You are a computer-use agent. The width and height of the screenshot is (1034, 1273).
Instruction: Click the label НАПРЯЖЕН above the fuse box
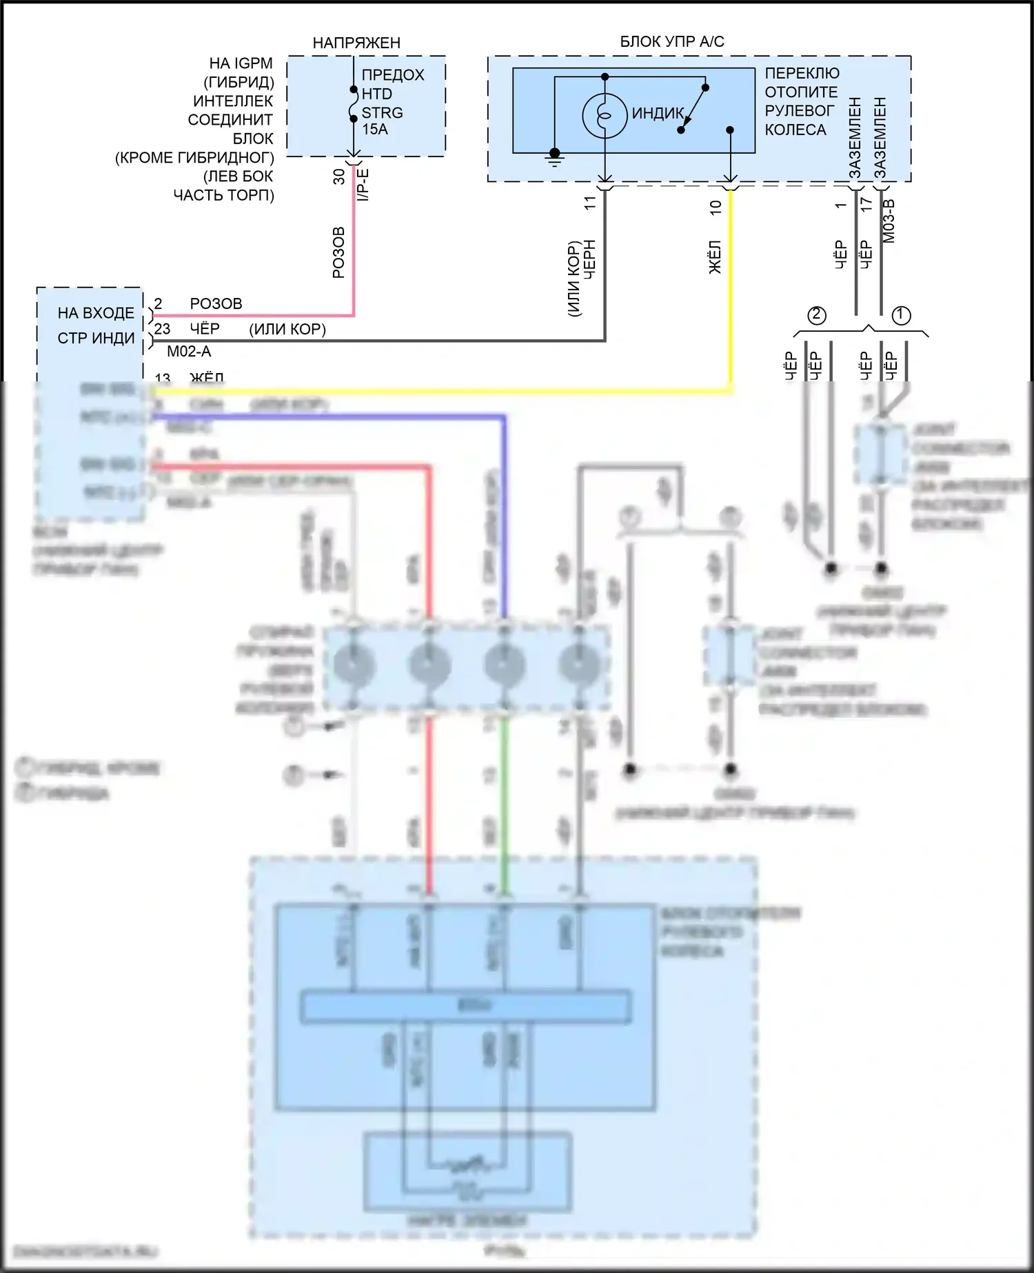pos(356,43)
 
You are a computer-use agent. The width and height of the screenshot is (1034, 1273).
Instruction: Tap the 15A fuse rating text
pos(375,130)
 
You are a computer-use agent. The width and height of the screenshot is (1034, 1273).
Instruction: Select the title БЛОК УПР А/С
pos(672,41)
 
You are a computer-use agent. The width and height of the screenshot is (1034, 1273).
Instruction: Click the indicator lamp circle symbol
pos(605,115)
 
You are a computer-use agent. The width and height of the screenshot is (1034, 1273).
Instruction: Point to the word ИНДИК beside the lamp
pos(658,114)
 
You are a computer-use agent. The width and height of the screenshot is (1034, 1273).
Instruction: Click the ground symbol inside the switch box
pos(554,158)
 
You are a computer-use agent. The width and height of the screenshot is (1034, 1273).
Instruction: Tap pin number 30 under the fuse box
pos(338,177)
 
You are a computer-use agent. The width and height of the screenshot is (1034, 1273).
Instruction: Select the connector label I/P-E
pos(363,185)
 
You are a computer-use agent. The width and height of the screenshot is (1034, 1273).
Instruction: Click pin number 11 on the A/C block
pos(590,203)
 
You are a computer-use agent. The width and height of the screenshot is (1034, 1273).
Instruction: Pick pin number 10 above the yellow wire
pos(716,207)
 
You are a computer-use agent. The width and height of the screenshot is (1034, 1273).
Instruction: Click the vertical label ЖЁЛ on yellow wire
pos(716,257)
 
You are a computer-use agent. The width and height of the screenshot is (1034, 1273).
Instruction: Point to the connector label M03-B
pos(889,221)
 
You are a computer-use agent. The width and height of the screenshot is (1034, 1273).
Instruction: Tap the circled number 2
pos(817,315)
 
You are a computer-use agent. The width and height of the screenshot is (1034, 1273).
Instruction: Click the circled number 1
pos(901,315)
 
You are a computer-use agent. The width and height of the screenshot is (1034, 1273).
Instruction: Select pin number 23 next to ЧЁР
pos(162,329)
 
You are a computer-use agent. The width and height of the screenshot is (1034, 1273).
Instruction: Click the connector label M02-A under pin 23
pos(189,352)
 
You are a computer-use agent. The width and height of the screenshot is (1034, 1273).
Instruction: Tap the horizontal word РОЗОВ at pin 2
pos(216,304)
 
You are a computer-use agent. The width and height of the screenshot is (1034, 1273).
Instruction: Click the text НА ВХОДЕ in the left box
pos(96,313)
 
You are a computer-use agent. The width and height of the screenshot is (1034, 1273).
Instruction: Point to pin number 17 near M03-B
pos(866,204)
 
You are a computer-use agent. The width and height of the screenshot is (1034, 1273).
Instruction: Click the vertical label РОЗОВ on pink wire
pos(338,252)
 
